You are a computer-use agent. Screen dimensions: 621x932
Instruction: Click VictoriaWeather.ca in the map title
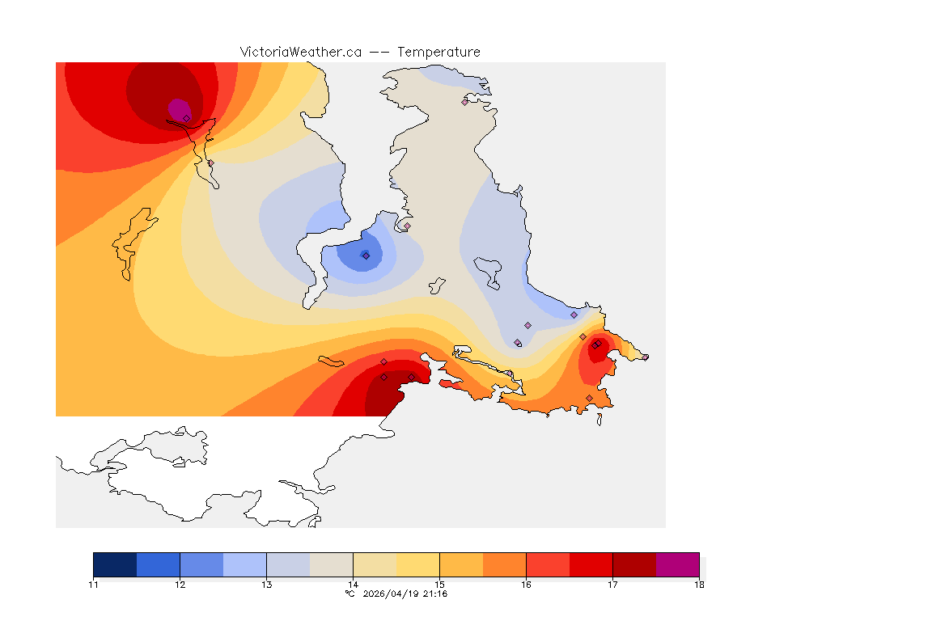coord(300,52)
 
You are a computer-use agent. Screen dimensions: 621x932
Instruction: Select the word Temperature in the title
coord(438,52)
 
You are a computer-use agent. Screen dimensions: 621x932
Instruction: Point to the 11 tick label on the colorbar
coord(94,585)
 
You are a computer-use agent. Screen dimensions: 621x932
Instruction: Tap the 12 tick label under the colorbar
coord(180,585)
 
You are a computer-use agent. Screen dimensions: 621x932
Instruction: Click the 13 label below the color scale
coord(266,585)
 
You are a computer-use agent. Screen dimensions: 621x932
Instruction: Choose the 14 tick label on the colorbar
coord(353,585)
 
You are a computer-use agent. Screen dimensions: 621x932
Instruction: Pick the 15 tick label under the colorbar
coord(439,585)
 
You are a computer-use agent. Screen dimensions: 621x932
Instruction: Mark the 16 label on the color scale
coord(526,585)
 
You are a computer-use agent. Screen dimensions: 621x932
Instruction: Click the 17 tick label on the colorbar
coord(612,585)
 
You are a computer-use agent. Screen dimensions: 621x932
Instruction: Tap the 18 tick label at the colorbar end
coord(699,585)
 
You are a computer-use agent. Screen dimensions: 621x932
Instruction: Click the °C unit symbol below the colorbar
coord(349,594)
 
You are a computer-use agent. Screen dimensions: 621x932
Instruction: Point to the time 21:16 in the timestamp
coord(435,594)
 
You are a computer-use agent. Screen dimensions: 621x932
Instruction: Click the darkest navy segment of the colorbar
coord(115,564)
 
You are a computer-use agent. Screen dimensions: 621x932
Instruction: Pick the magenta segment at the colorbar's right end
coord(677,564)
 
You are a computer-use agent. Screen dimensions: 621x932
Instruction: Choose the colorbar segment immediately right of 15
coord(461,564)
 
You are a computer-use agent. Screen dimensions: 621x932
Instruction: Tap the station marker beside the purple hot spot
coord(186,118)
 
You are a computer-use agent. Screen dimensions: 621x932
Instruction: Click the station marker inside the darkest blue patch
coord(366,256)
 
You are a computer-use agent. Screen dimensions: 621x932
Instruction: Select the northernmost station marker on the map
coord(465,102)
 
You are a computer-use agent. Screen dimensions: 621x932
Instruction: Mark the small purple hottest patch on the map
coord(178,108)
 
